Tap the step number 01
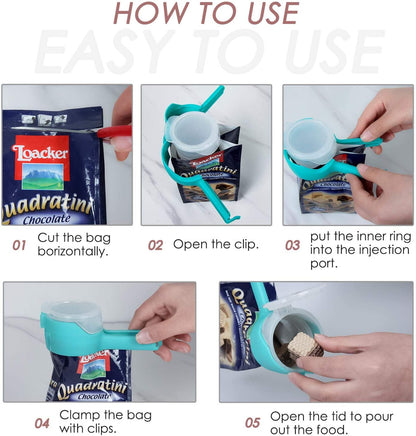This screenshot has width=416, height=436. coord(19,243)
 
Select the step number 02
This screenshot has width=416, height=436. coord(155,244)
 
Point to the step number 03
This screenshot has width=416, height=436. coord(293,244)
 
